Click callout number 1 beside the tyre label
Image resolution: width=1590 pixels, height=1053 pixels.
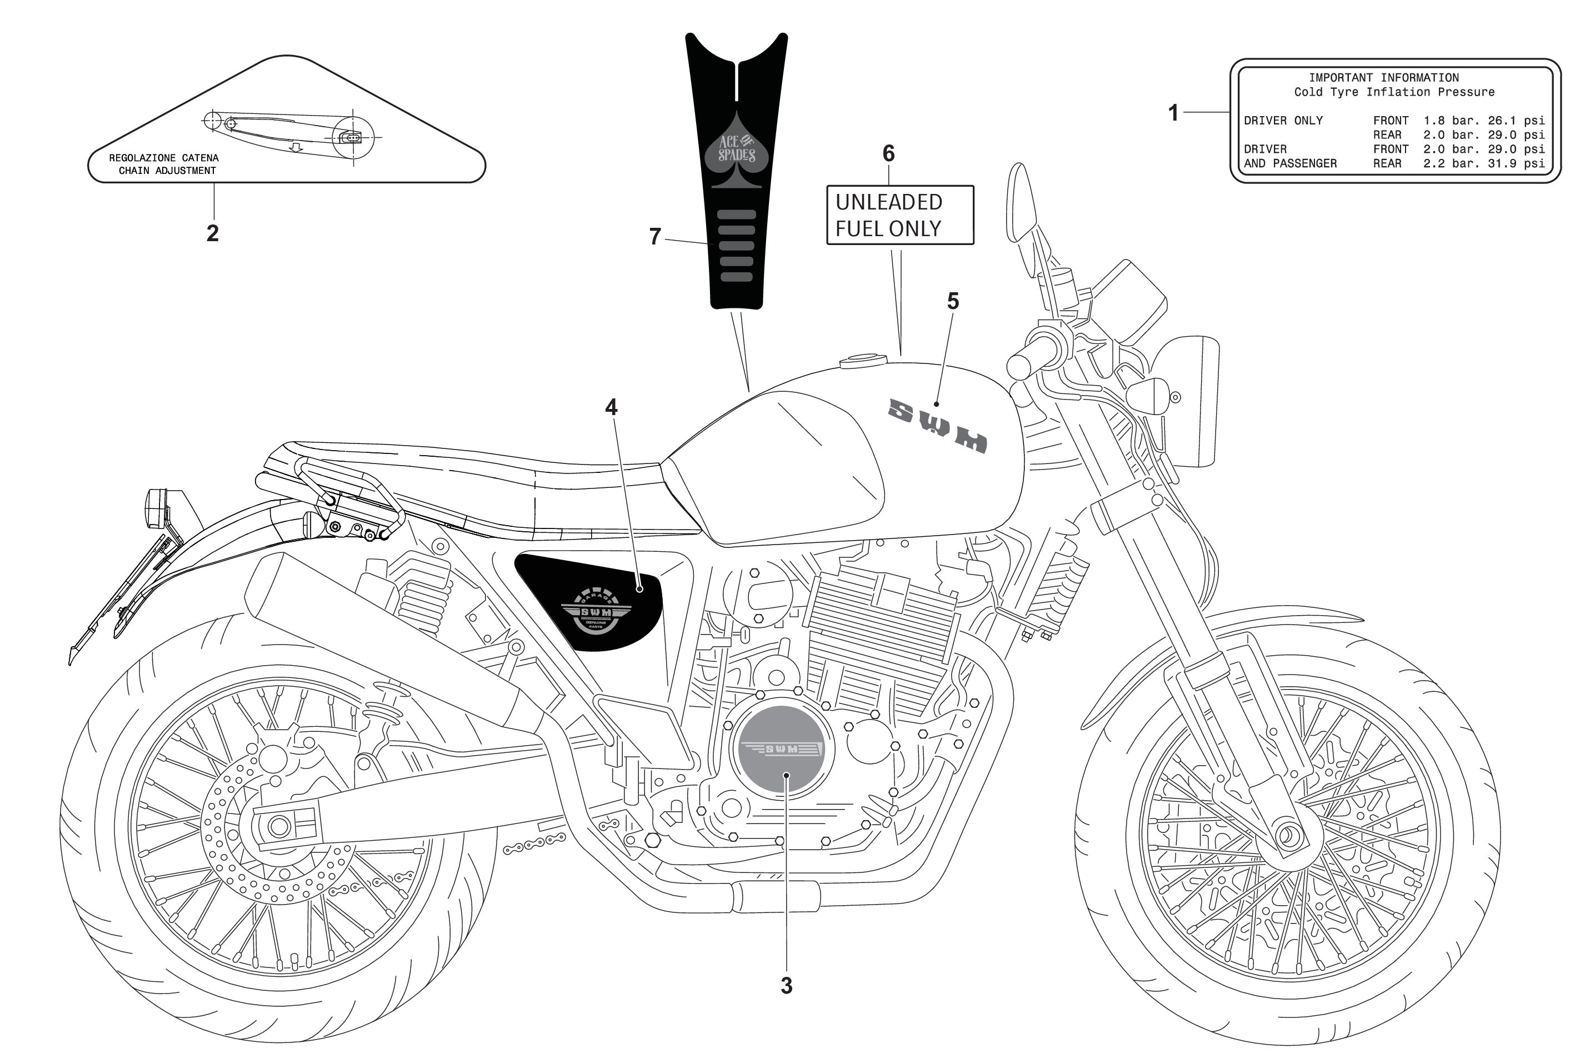click(x=1173, y=112)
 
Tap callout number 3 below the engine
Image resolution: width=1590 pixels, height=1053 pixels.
click(x=786, y=985)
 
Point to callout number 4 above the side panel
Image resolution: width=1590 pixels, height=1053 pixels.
click(x=611, y=406)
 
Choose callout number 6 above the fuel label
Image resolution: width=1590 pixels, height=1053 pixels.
click(x=888, y=153)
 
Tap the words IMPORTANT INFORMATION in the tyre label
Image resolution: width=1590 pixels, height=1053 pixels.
click(x=1383, y=78)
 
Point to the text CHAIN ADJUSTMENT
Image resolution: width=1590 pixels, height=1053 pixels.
click(x=167, y=171)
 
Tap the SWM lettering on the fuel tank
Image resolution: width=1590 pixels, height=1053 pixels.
click(x=937, y=425)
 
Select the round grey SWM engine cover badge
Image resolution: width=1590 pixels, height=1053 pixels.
click(x=782, y=752)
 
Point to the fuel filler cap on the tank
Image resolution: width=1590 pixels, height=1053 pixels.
click(x=862, y=361)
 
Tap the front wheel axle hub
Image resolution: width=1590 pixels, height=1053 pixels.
click(x=1287, y=836)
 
